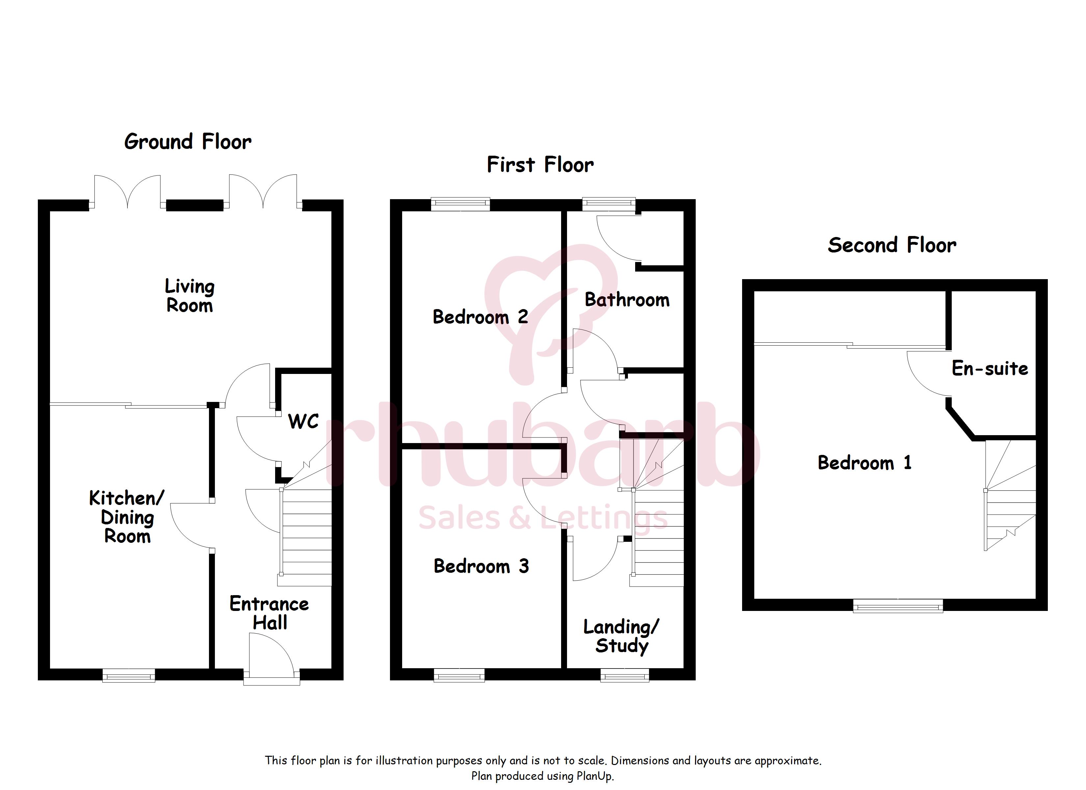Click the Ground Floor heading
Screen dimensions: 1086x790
(188, 142)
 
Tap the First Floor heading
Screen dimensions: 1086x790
(540, 165)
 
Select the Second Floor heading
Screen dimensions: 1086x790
(892, 245)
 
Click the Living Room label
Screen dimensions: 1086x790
(190, 296)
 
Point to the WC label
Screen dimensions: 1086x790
(303, 422)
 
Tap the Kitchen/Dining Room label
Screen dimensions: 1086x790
(127, 517)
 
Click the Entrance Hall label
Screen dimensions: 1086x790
(269, 613)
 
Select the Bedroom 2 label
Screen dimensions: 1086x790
(480, 317)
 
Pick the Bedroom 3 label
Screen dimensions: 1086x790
(481, 566)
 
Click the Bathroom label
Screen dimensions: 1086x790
(627, 300)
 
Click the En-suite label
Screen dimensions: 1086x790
(990, 368)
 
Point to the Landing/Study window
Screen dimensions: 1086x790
(625, 675)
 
